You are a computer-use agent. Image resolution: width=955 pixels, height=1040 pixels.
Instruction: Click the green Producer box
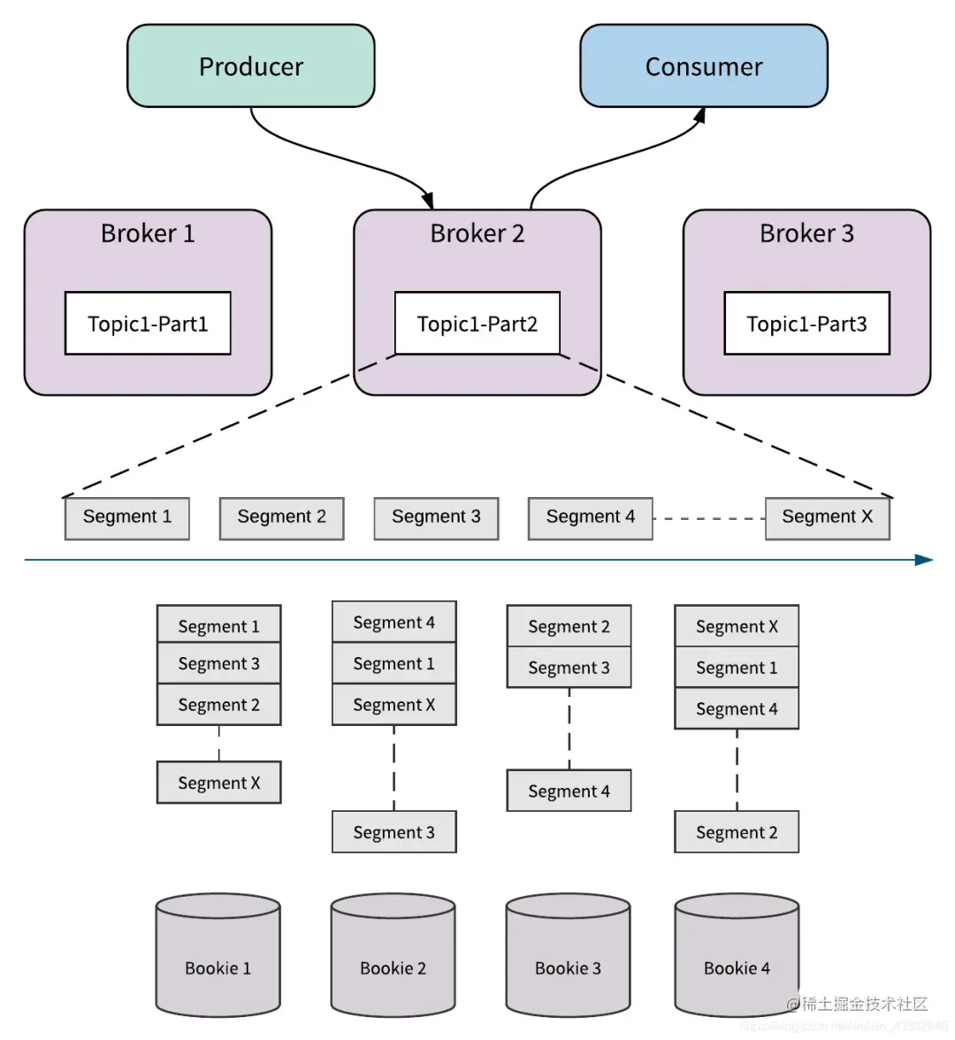[251, 66]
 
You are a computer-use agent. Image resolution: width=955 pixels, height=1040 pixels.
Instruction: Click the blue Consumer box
[704, 66]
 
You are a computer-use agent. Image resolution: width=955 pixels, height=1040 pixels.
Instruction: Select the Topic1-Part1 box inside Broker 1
[148, 324]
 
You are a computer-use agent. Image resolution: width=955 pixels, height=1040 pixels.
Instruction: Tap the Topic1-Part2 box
[477, 324]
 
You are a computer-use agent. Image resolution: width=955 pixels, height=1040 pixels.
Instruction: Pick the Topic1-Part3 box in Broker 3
[806, 324]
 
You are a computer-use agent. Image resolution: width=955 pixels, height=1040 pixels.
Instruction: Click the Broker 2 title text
[477, 233]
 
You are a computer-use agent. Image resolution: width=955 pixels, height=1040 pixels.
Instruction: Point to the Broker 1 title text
[148, 233]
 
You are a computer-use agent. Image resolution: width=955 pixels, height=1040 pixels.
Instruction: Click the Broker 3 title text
[806, 233]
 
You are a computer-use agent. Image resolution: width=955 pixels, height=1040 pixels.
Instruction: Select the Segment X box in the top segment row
[827, 518]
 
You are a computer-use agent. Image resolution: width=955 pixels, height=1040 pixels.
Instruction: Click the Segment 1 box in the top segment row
[127, 518]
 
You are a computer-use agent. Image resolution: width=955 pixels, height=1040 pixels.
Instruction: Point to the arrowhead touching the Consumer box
[701, 115]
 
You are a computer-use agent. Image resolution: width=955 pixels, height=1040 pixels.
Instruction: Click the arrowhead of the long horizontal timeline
[925, 560]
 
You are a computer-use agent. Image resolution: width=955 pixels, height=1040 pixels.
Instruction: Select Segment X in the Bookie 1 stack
[219, 783]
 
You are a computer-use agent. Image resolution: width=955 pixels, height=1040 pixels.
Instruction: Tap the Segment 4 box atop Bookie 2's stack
[394, 623]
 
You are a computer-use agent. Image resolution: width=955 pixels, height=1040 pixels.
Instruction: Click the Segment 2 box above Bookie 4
[737, 832]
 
